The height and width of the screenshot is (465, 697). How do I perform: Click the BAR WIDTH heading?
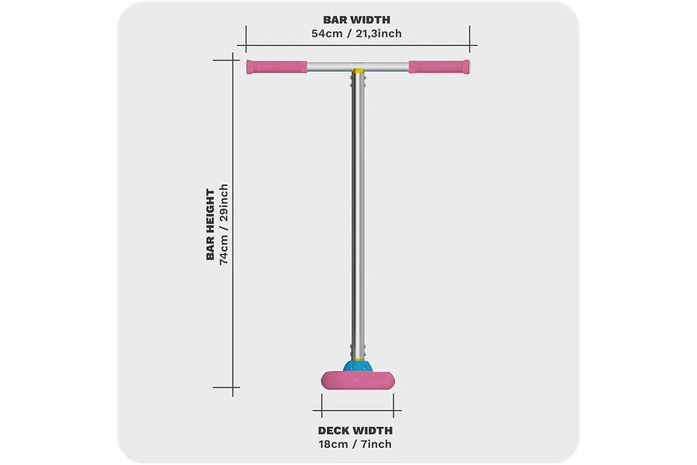356,20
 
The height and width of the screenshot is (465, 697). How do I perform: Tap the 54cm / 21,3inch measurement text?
356,34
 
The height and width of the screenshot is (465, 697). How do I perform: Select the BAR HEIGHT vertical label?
210,225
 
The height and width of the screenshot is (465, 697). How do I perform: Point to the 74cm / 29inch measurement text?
224,225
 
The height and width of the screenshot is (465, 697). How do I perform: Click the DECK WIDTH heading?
355,431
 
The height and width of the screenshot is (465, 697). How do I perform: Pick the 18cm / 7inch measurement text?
355,444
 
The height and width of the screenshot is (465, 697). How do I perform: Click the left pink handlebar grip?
276,67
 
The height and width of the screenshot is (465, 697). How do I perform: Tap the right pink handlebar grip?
439,67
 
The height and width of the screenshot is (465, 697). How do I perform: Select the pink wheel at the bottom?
357,381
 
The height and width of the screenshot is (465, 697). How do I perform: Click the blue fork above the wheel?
357,367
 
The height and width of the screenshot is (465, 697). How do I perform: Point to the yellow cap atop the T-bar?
357,71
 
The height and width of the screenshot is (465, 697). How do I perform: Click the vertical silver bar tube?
358,214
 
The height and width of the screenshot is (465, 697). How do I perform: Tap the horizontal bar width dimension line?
357,45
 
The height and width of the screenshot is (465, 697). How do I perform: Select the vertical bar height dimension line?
233,225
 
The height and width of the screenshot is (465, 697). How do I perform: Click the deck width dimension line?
357,410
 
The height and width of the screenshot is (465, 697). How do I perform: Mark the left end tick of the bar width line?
246,40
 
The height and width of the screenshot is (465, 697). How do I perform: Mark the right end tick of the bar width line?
469,40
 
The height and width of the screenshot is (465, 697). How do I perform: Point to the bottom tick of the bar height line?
226,387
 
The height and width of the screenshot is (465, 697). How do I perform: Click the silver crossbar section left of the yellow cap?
329,67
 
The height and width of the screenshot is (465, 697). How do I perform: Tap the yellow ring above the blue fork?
358,359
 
